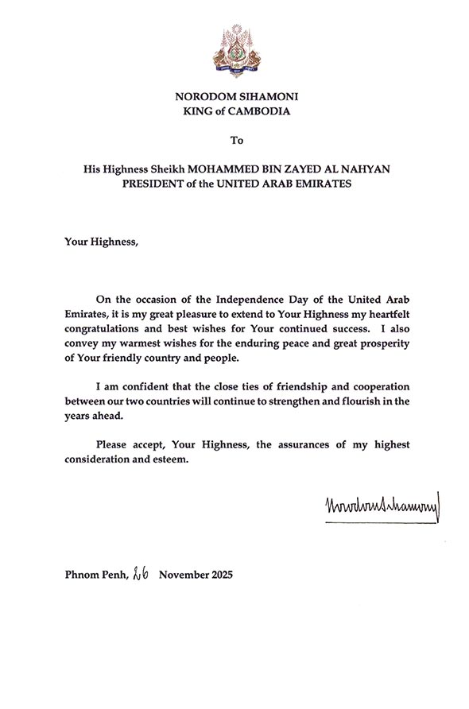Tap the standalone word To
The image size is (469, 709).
pyautogui.click(x=236, y=141)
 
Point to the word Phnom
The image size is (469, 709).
pyautogui.click(x=81, y=574)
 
